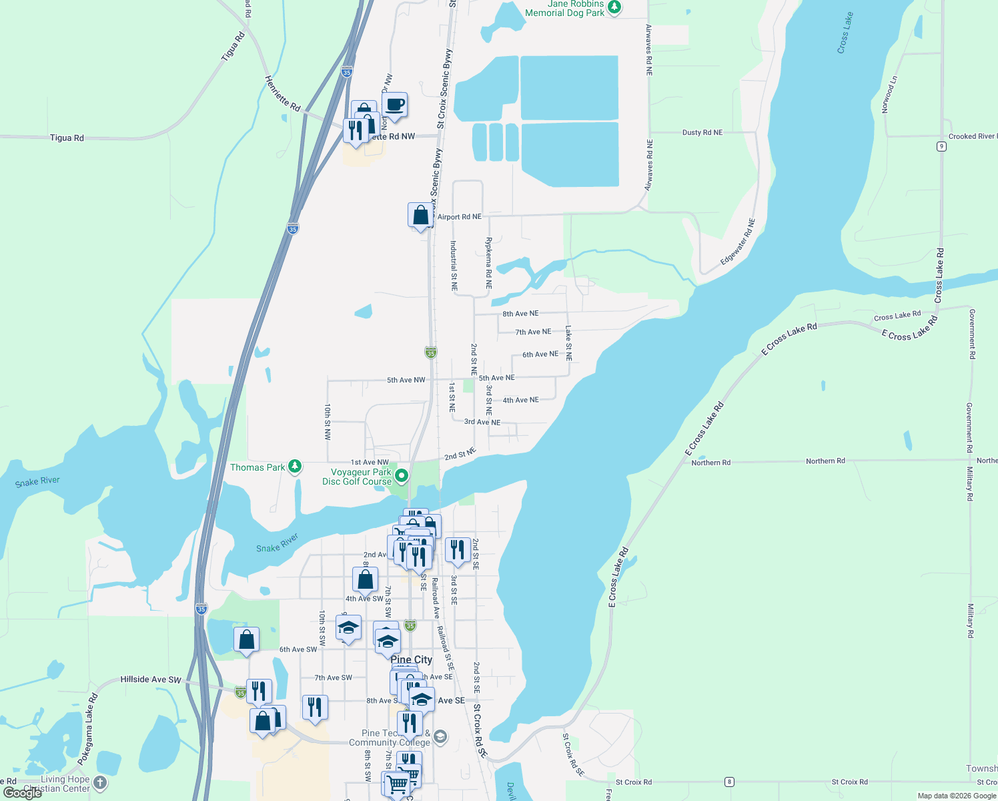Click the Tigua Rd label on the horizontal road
(x=67, y=138)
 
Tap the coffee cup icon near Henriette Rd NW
(x=395, y=105)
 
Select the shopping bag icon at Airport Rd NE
(x=421, y=216)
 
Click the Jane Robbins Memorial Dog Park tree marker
(x=614, y=8)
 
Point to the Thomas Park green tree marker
(x=295, y=467)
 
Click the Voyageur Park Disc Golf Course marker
(x=402, y=476)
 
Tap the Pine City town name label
(x=411, y=659)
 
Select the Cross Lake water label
(x=845, y=33)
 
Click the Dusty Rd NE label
(x=702, y=133)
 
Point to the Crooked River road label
(x=972, y=136)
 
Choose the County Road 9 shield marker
(x=941, y=147)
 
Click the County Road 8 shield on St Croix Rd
(x=730, y=782)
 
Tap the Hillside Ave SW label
(x=151, y=680)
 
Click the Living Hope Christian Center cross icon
(x=100, y=782)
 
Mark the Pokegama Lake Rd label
(x=87, y=729)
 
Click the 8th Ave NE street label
(x=520, y=314)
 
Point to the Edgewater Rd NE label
(x=738, y=242)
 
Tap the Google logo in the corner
(x=22, y=793)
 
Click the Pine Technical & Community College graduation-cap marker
(x=440, y=737)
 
